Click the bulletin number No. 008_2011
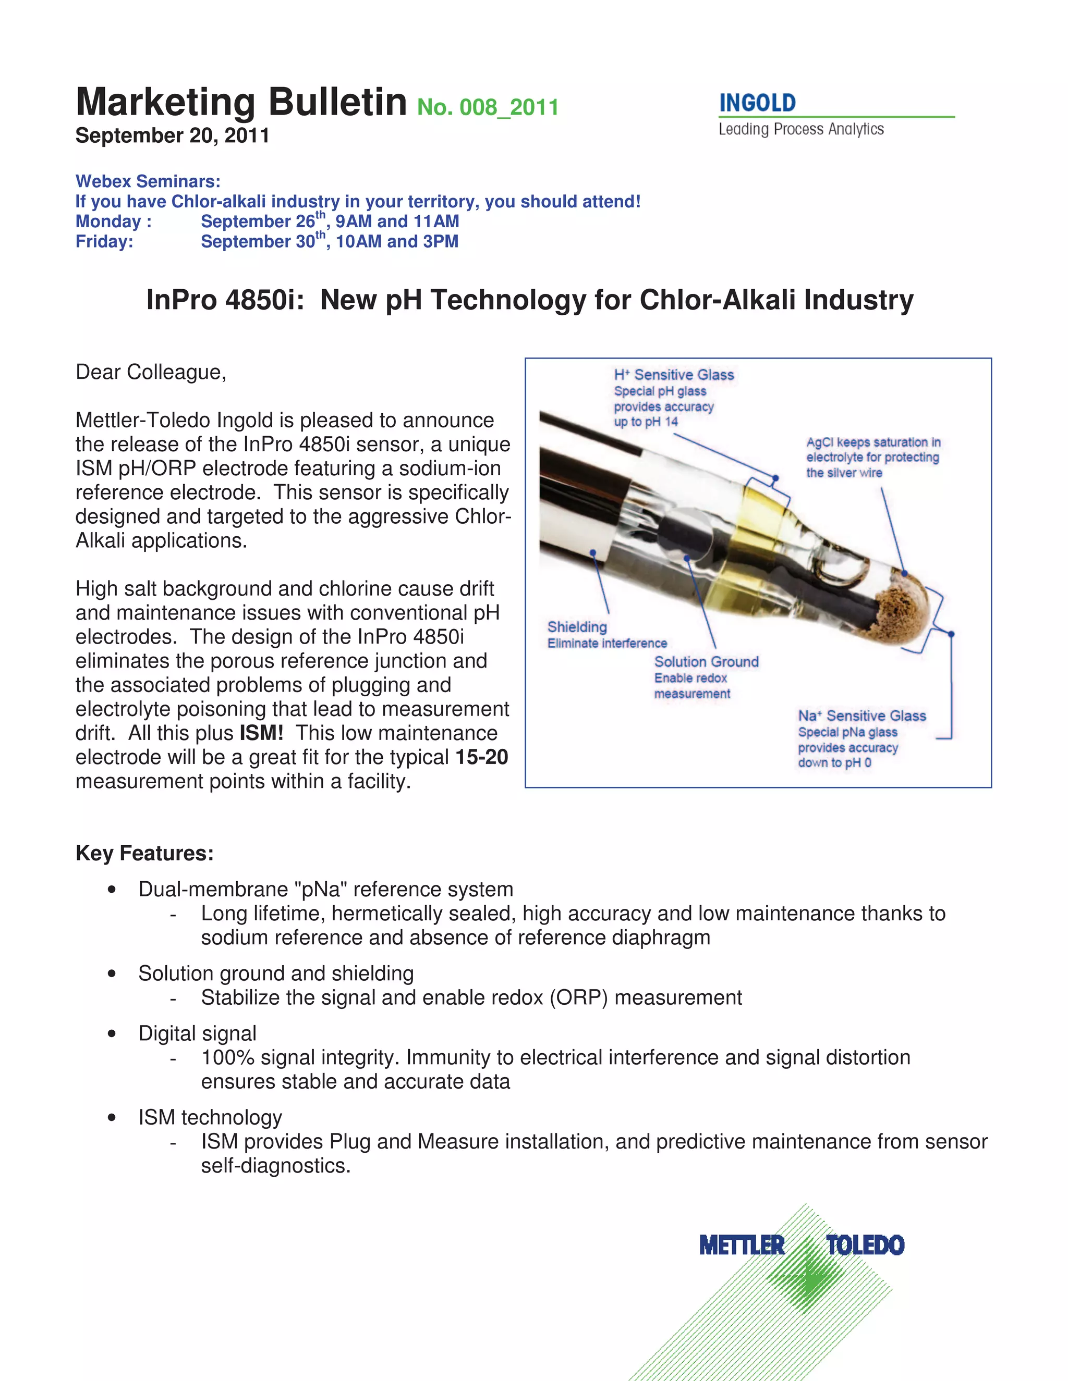[x=487, y=107]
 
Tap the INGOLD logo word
[x=757, y=103]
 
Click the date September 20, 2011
[x=172, y=135]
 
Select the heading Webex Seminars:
[x=148, y=181]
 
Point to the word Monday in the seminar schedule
[x=108, y=221]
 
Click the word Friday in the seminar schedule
[x=103, y=242]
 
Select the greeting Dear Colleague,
[x=151, y=372]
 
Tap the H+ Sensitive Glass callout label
[x=674, y=375]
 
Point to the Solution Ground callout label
[x=706, y=661]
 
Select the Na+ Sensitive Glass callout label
[x=861, y=716]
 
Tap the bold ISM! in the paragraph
[x=261, y=733]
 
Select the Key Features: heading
[x=144, y=853]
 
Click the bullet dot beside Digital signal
[x=112, y=1033]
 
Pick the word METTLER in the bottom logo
[x=742, y=1245]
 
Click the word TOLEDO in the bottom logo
[x=865, y=1245]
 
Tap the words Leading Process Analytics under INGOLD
[x=800, y=130]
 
